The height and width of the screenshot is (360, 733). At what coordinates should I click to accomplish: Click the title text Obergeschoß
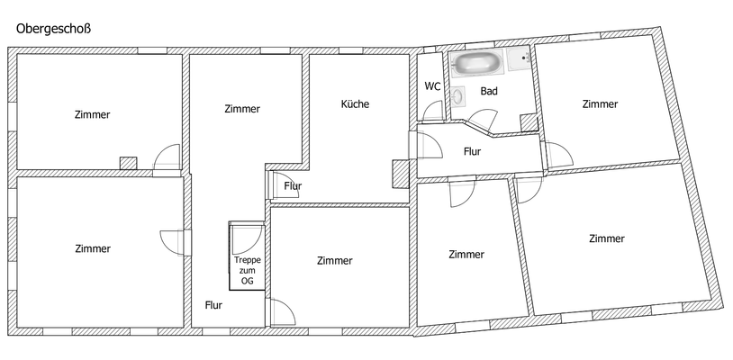point(53,29)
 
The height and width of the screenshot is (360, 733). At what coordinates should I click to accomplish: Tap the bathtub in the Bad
point(476,63)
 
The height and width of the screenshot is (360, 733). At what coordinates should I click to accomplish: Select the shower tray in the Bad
point(519,59)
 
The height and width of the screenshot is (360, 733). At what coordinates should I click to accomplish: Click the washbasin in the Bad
point(458,94)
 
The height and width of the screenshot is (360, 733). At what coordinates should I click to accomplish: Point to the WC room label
point(432,86)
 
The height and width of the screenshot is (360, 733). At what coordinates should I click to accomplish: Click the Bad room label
point(489,91)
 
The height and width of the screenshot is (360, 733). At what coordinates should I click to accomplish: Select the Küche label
point(355,103)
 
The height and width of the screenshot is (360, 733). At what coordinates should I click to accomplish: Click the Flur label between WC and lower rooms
point(472,151)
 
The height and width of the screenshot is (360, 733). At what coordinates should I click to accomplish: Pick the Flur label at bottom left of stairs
point(213,305)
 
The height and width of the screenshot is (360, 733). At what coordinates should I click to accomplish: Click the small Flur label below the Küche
point(293,186)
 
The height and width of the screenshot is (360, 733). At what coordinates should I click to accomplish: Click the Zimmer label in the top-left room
point(93,114)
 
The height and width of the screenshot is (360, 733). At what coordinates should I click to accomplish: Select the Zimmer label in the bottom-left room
point(93,248)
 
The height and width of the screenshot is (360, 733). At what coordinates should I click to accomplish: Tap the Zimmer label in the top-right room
point(600,103)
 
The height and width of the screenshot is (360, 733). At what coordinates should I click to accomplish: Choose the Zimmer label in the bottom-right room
point(606,238)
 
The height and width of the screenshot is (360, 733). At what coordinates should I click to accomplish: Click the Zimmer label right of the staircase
point(335,260)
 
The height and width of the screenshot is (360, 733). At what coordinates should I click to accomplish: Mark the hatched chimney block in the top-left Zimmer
point(129,163)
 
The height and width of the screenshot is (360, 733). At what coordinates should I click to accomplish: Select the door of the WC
point(433,111)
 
